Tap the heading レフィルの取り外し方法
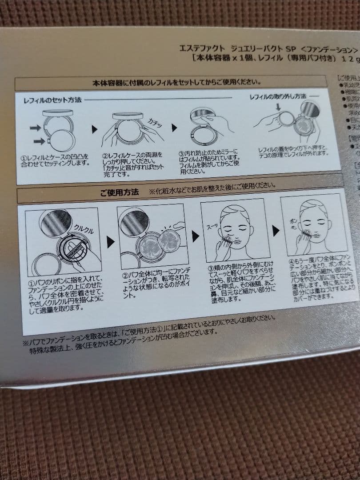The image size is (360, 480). (x=278, y=96)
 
